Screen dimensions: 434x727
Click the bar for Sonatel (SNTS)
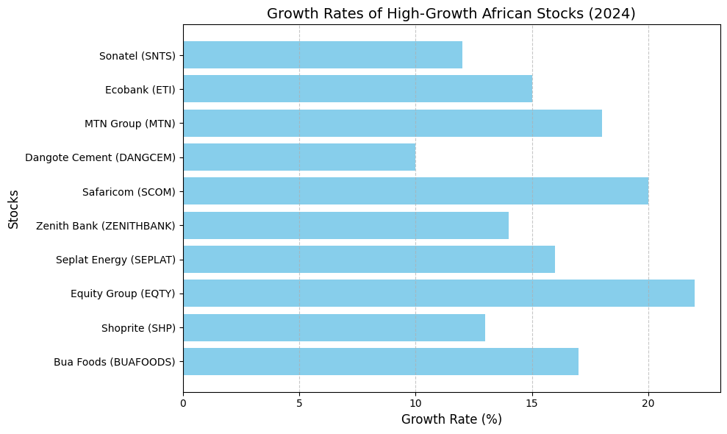pos(323,55)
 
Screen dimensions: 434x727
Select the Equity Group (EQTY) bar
pos(439,294)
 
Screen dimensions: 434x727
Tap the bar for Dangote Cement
pos(299,157)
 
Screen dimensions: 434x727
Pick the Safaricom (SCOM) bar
pos(415,191)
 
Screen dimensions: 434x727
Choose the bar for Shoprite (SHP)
pos(334,328)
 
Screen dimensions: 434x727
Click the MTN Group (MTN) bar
pos(393,124)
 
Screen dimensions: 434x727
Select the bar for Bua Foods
pos(381,362)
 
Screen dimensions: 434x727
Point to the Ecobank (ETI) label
pos(140,90)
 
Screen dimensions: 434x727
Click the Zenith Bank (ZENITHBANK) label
pos(105,226)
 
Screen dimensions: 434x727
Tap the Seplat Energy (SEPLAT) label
pos(115,260)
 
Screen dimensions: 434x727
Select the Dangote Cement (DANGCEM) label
pos(100,157)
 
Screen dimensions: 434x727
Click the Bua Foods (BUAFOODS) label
pos(114,362)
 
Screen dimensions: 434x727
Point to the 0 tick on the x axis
pos(183,402)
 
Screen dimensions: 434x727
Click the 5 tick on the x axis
pos(299,402)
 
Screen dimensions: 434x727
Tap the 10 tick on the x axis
pos(415,402)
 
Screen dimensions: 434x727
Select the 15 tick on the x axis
pos(532,402)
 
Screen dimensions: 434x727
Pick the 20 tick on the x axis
pos(648,402)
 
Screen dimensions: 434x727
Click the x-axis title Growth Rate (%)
pos(451,419)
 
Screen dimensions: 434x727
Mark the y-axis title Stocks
pos(13,209)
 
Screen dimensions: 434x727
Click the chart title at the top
pos(451,13)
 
